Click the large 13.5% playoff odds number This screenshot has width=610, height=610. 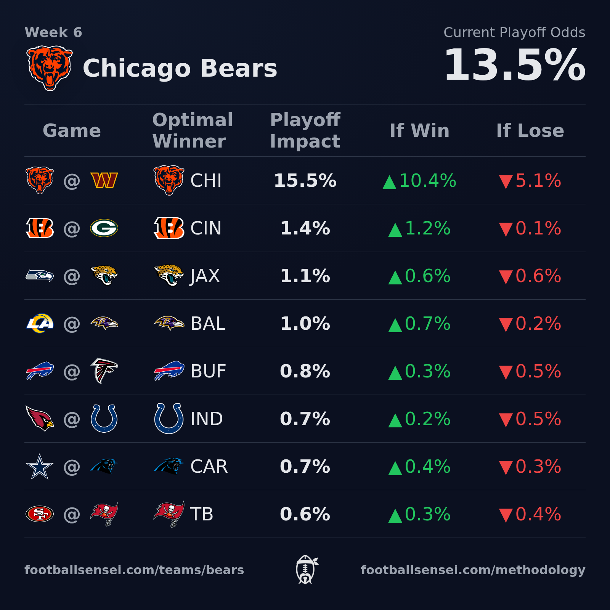(514, 65)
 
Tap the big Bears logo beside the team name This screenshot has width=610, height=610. (50, 68)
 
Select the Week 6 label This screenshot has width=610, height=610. (53, 32)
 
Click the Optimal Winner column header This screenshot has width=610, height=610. (193, 130)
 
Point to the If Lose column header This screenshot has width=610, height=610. (530, 130)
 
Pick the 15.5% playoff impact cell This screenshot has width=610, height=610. (305, 181)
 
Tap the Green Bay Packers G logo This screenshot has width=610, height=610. (104, 228)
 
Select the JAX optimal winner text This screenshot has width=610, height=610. (205, 276)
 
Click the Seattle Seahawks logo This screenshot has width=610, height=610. (40, 275)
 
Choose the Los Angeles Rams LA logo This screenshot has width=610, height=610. (40, 323)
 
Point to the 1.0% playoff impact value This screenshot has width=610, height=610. (305, 324)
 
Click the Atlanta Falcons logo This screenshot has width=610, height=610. (104, 371)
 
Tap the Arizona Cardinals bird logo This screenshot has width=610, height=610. (40, 418)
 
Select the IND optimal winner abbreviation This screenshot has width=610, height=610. (206, 419)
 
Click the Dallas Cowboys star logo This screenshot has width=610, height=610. (40, 467)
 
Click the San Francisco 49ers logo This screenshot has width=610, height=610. (40, 514)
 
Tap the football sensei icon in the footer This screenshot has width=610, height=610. (306, 570)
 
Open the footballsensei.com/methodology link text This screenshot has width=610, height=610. (473, 570)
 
